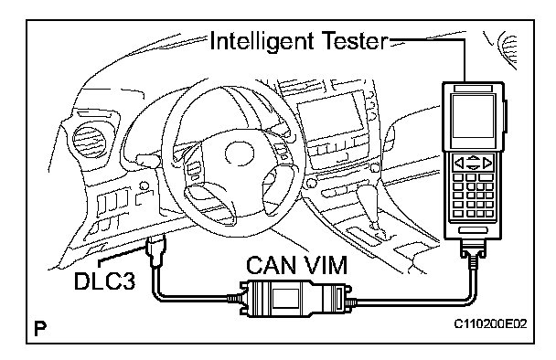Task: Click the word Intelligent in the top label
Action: (x=262, y=42)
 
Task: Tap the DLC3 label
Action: (x=105, y=281)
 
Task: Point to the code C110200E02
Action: (x=491, y=323)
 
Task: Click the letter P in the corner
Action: (x=40, y=328)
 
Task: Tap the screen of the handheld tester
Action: (x=473, y=116)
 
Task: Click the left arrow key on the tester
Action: (x=459, y=163)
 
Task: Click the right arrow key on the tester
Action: (x=488, y=163)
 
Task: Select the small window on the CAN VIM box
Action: (x=286, y=299)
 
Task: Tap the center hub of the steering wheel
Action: (x=239, y=153)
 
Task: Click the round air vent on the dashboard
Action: (x=90, y=141)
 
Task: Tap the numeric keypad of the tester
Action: (x=473, y=196)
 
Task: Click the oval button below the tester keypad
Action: (x=473, y=230)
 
